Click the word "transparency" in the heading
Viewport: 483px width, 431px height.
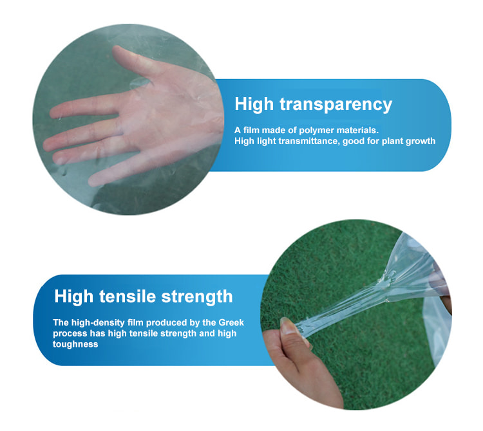pyautogui.click(x=336, y=105)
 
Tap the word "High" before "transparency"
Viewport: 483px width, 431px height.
pyautogui.click(x=254, y=104)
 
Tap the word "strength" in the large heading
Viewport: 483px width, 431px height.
pyautogui.click(x=197, y=297)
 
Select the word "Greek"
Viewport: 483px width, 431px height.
pyautogui.click(x=231, y=322)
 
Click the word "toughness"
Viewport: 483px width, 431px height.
pyautogui.click(x=75, y=344)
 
